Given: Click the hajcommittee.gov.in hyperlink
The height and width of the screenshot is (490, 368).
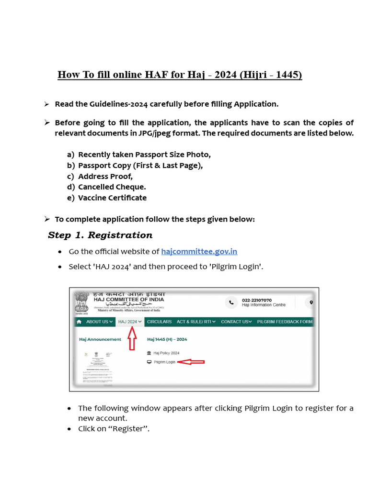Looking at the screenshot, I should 199,252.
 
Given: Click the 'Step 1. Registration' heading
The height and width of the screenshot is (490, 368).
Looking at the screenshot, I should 100,235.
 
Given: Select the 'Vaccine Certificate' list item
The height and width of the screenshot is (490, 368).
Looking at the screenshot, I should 112,198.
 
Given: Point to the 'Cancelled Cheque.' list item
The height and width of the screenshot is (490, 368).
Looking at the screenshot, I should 112,187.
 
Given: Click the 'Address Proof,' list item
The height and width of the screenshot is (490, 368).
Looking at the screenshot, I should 105,176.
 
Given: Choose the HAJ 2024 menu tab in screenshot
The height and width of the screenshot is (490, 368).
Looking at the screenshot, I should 130,322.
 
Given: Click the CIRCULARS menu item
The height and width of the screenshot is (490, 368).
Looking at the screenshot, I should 159,322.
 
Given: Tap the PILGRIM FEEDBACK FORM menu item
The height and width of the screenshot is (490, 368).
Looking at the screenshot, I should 285,322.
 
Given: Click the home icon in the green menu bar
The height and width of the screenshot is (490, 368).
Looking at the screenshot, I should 79,322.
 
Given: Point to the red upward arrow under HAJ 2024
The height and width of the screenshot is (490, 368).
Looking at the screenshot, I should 131,340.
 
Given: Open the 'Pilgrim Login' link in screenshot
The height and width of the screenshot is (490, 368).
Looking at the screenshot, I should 164,362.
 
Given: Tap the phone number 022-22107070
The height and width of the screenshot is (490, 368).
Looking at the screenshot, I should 257,300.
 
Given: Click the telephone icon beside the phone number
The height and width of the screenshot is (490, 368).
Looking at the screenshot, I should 231,302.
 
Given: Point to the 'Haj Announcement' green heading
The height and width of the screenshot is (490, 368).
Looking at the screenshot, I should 100,339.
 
